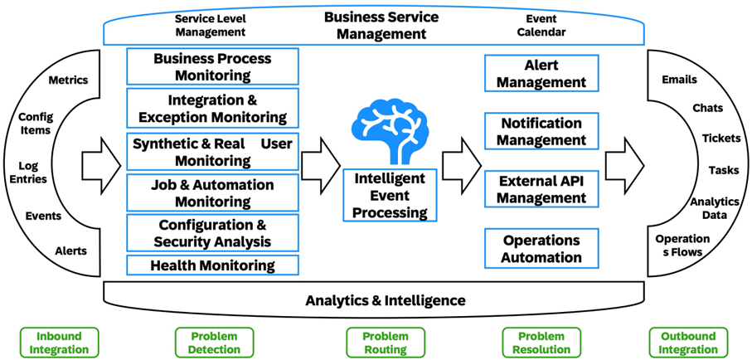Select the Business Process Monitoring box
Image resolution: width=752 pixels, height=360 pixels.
coord(212,67)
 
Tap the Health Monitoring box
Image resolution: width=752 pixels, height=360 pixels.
coord(212,265)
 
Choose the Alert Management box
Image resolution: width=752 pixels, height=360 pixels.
coord(542,74)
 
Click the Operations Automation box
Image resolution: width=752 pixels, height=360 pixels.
coord(542,248)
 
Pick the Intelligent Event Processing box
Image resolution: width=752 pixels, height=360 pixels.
coord(390,195)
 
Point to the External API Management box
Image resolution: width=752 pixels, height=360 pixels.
coord(542,189)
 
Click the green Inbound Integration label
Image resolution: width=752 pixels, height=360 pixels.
coord(59,343)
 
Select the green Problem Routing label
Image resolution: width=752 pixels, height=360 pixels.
coord(385,343)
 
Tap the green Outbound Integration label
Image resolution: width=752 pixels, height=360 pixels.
coord(689,343)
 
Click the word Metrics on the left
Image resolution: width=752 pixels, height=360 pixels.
coord(68,80)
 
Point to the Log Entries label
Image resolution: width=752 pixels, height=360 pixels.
coord(33,173)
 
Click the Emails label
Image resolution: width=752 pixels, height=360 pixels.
coord(679,80)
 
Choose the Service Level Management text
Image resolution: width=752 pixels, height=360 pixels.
coord(211,25)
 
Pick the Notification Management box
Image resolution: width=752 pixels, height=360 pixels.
coord(542,132)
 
